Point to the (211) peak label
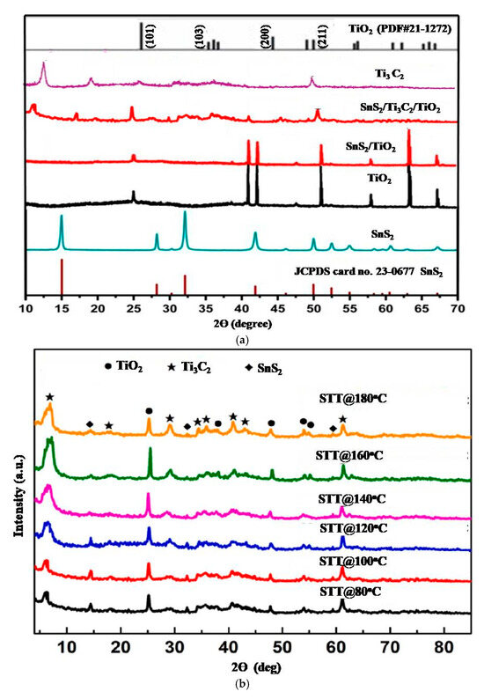324,38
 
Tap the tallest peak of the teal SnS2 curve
184,214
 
